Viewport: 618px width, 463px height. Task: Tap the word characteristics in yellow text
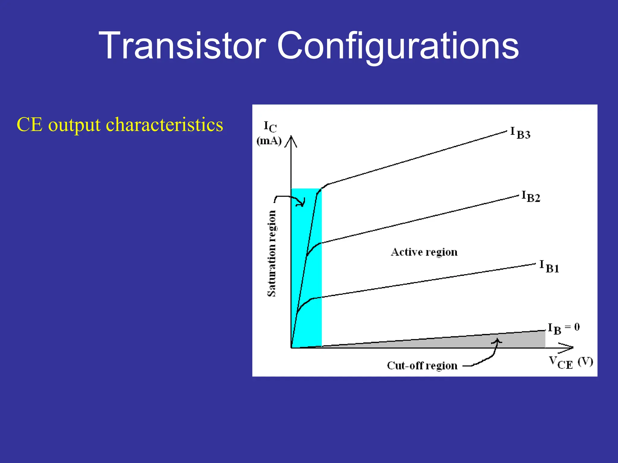point(164,124)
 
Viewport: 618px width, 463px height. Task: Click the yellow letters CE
point(29,124)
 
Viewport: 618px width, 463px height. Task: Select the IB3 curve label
point(520,133)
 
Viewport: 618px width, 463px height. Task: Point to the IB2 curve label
point(531,197)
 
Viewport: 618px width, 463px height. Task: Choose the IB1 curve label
point(549,266)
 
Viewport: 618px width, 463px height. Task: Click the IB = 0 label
point(563,328)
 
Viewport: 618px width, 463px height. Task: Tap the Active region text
point(424,252)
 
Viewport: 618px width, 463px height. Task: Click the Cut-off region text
point(422,366)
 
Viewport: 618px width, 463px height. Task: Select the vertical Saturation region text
point(272,253)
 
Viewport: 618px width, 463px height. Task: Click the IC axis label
point(270,127)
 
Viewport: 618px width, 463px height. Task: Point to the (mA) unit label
point(269,141)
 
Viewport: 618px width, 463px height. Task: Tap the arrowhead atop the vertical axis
point(291,141)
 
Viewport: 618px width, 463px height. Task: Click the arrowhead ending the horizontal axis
point(567,348)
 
